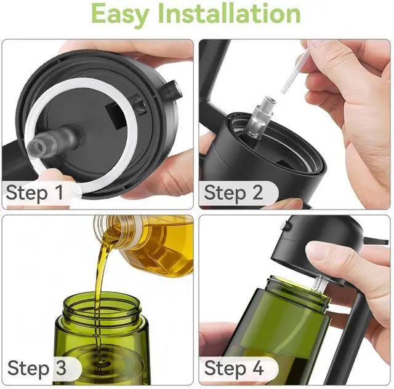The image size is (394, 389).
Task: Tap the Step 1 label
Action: point(34,192)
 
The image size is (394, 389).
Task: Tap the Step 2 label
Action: point(233,192)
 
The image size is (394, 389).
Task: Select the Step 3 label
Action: point(37,368)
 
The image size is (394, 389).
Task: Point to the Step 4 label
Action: point(234,368)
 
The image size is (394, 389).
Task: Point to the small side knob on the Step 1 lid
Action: point(174,90)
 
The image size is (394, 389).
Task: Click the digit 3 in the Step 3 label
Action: point(61,368)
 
